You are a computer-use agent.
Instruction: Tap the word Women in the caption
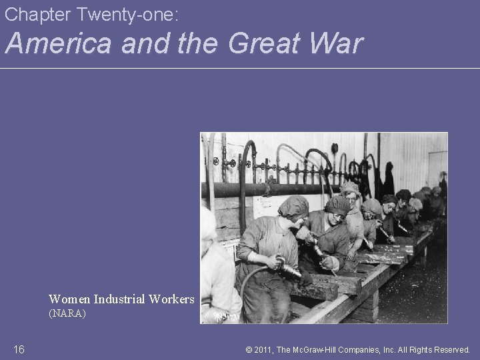70,299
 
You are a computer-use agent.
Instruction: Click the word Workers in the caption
171,299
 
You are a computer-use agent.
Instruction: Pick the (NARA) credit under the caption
67,312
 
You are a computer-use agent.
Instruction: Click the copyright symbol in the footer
248,349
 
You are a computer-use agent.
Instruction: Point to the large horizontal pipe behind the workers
267,189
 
